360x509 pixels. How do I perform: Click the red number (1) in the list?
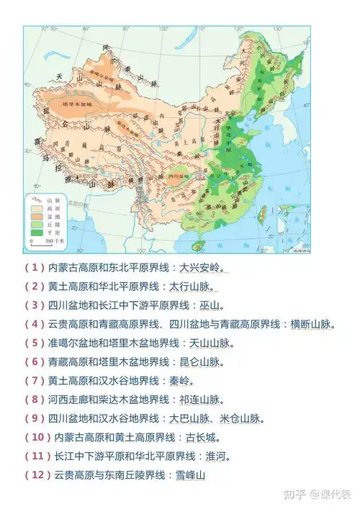35,268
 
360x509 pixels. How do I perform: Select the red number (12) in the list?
37,475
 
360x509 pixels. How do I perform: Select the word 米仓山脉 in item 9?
240,418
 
